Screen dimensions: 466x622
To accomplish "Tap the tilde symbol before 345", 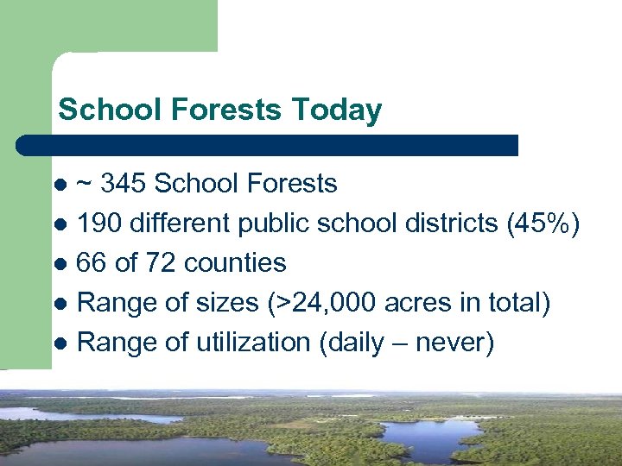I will point(86,184).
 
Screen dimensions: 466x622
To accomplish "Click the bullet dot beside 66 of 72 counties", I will point(60,263).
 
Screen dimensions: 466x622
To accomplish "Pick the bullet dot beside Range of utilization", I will point(60,343).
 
